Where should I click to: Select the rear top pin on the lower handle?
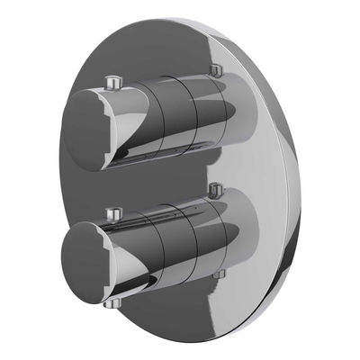(x=214, y=190)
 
